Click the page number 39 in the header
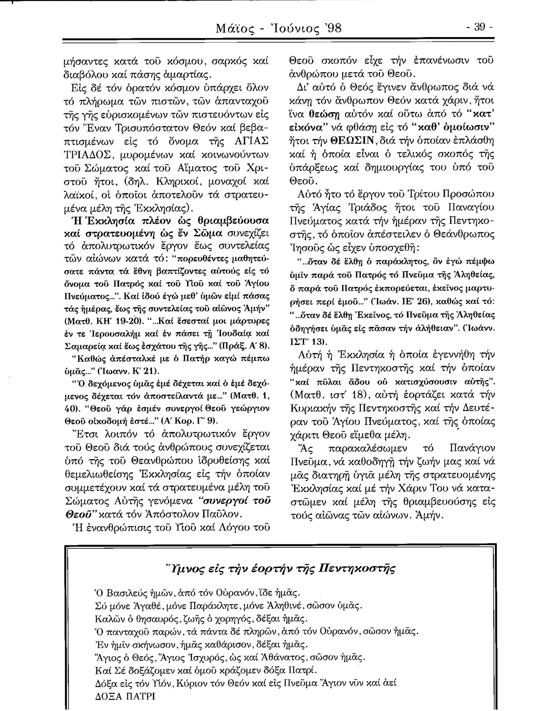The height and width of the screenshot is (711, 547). click(x=480, y=29)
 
